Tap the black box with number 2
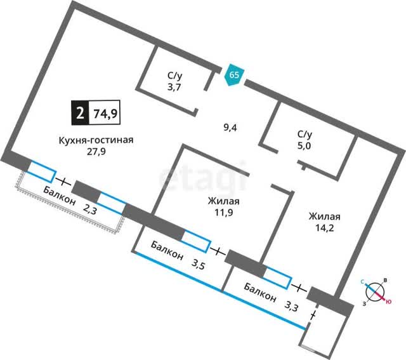click(x=79, y=114)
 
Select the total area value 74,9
click(x=106, y=114)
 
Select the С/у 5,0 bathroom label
click(x=305, y=140)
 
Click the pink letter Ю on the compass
click(x=388, y=302)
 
